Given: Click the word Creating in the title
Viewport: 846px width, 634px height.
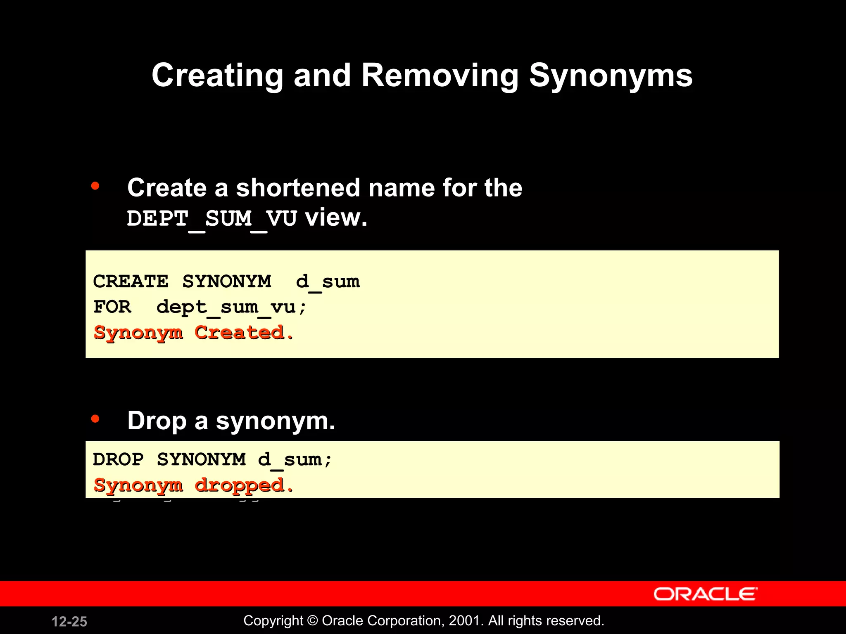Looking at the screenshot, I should [x=217, y=76].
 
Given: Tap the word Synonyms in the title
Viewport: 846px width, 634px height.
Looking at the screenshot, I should [x=611, y=76].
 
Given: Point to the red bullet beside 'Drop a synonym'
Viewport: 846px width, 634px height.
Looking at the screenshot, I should [x=95, y=419].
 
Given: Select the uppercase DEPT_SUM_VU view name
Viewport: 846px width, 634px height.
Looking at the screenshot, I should [x=211, y=218].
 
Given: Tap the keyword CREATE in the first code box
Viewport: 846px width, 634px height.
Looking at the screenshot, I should [x=131, y=282].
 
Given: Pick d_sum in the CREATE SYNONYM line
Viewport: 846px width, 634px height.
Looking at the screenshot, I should [x=328, y=282].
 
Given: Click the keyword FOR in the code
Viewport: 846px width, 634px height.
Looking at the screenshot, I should [x=112, y=307].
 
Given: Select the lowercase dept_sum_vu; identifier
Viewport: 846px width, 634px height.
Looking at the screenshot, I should [x=231, y=307].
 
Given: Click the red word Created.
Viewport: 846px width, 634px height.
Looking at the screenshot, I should [x=244, y=333].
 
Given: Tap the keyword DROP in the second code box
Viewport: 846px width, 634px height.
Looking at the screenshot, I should [x=118, y=459].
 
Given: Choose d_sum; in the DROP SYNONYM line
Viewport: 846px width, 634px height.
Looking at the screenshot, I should [x=295, y=459].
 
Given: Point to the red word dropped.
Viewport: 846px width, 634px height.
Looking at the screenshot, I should [x=244, y=485].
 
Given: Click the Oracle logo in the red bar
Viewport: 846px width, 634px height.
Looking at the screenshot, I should [x=705, y=594].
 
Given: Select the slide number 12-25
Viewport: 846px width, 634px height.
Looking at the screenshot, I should [x=69, y=622].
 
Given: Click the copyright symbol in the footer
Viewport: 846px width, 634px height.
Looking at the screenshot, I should [x=313, y=621].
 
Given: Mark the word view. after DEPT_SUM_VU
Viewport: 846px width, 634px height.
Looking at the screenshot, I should [x=336, y=218].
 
